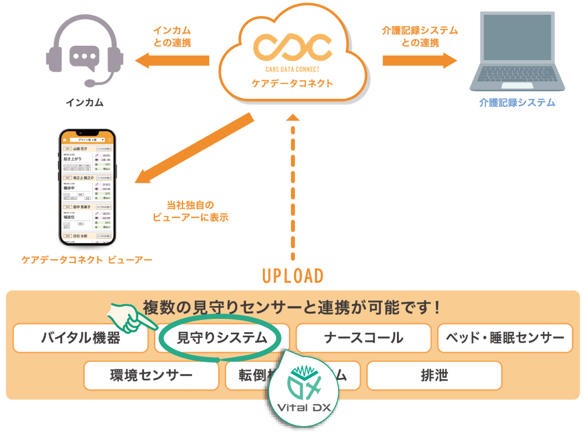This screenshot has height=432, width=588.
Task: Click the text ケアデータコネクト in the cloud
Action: tap(293, 83)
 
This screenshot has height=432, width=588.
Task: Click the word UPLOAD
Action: tap(293, 276)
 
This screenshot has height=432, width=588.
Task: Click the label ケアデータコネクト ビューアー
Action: tap(87, 260)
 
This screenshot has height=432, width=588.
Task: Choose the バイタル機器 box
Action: tap(80, 338)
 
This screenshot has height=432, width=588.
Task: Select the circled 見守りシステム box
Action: tap(221, 338)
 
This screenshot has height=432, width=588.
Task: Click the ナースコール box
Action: tap(363, 338)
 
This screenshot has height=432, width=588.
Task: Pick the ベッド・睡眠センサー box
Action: tap(504, 338)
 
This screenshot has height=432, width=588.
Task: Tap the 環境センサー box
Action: tap(151, 376)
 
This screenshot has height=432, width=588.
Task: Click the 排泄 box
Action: tap(434, 376)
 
